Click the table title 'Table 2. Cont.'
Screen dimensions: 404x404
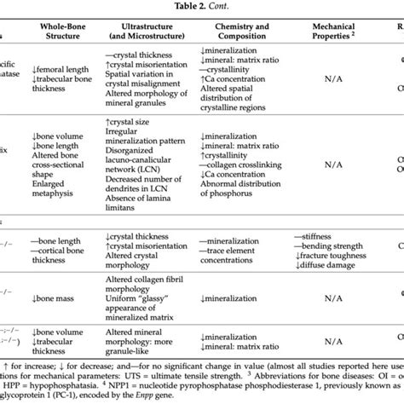(x=202, y=7)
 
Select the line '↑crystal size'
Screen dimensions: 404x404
(x=127, y=121)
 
